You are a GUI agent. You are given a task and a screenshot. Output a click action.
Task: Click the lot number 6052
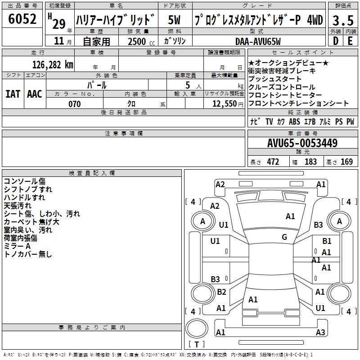(x=23, y=19)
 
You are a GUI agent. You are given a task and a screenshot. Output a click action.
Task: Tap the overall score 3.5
(x=342, y=20)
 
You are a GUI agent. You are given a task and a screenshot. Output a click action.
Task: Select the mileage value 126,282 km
(x=52, y=64)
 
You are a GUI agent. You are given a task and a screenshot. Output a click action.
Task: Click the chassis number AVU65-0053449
(x=302, y=143)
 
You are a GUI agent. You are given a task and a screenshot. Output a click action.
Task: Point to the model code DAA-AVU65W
(x=258, y=41)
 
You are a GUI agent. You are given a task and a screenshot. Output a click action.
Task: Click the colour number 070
(x=74, y=104)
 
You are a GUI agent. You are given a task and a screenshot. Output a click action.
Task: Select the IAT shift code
(x=12, y=94)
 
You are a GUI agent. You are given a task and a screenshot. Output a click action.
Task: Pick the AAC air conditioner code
(x=34, y=94)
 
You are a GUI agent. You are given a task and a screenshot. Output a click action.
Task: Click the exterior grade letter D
(x=335, y=40)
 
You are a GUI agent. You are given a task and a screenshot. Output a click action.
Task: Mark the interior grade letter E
(x=350, y=40)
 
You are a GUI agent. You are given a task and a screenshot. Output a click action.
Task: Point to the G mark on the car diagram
(x=284, y=237)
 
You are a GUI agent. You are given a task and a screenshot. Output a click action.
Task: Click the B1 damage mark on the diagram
(x=327, y=242)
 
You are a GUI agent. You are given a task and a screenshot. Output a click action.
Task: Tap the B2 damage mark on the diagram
(x=221, y=292)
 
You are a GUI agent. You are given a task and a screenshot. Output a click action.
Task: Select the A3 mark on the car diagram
(x=320, y=333)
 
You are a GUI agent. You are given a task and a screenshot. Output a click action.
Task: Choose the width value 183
(x=310, y=162)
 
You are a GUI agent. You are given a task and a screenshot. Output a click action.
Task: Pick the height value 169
(x=346, y=162)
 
